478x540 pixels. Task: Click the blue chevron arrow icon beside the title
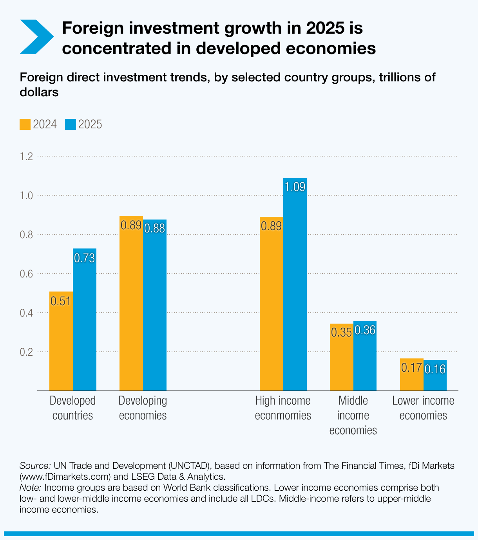pos(36,36)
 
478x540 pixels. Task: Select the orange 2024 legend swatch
pos(25,124)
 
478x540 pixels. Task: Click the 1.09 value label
pos(295,187)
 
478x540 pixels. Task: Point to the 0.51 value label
pos(61,301)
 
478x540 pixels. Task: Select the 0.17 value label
pos(411,368)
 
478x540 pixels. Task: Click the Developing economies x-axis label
pos(143,408)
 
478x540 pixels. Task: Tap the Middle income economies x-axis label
pos(353,415)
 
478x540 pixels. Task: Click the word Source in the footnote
pos(34,466)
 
